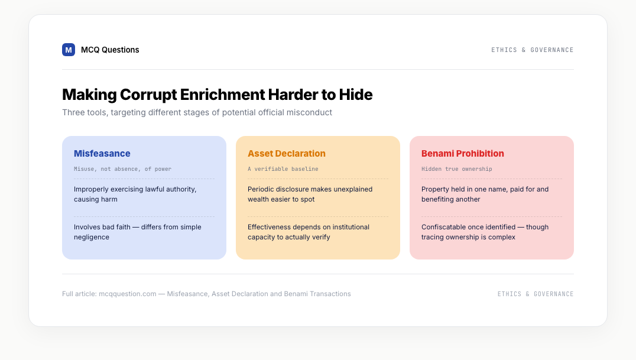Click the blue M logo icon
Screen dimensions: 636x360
(69, 50)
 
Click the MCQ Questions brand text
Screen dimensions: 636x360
(110, 50)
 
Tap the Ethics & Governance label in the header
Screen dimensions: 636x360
(532, 50)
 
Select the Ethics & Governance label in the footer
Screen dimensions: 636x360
(536, 294)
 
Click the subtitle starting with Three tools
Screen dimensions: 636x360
(197, 112)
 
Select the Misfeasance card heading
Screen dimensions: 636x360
(102, 154)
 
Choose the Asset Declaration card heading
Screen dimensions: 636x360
(286, 154)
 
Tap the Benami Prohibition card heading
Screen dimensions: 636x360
(462, 154)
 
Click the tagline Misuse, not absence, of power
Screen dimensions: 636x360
(122, 169)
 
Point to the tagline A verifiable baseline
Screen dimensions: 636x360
(283, 169)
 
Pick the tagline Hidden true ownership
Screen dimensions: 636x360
(457, 169)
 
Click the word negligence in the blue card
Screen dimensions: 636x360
(91, 237)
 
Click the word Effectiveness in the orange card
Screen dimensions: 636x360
(268, 227)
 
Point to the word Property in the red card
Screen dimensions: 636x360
(435, 190)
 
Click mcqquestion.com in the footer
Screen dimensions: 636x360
(127, 294)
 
